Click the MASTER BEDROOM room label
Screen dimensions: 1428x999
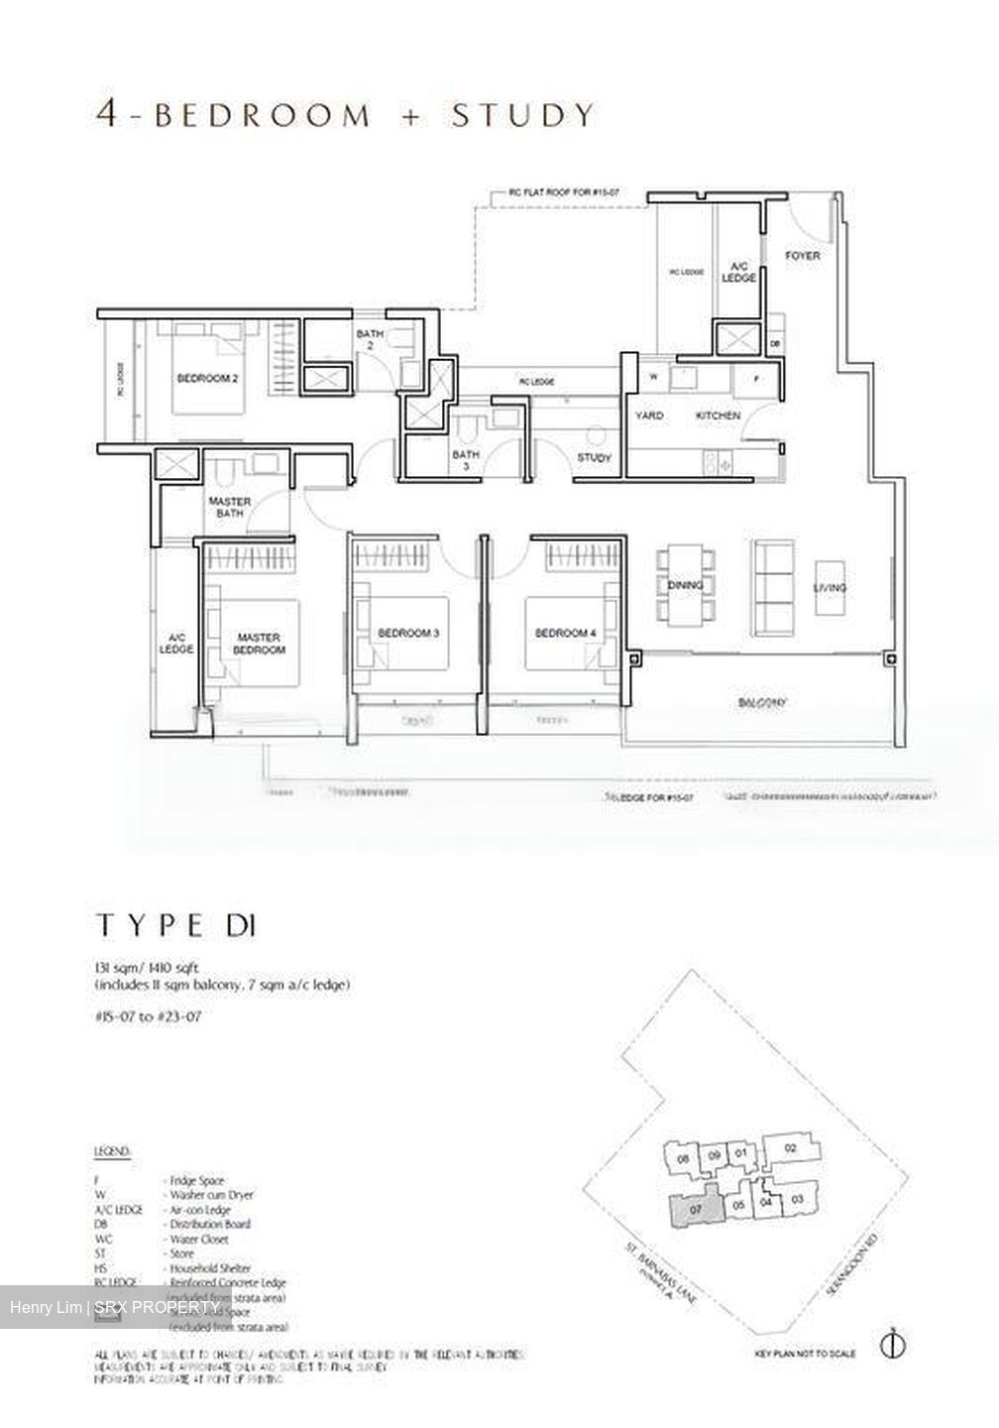(259, 644)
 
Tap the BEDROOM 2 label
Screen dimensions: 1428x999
(207, 378)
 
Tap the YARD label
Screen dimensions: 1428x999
(649, 416)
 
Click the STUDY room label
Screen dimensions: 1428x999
(595, 458)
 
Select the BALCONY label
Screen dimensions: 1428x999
(761, 702)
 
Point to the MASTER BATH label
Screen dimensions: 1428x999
(229, 507)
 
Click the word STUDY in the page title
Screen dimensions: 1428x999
(522, 115)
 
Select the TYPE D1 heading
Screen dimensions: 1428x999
(176, 926)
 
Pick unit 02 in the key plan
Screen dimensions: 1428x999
(789, 1148)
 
